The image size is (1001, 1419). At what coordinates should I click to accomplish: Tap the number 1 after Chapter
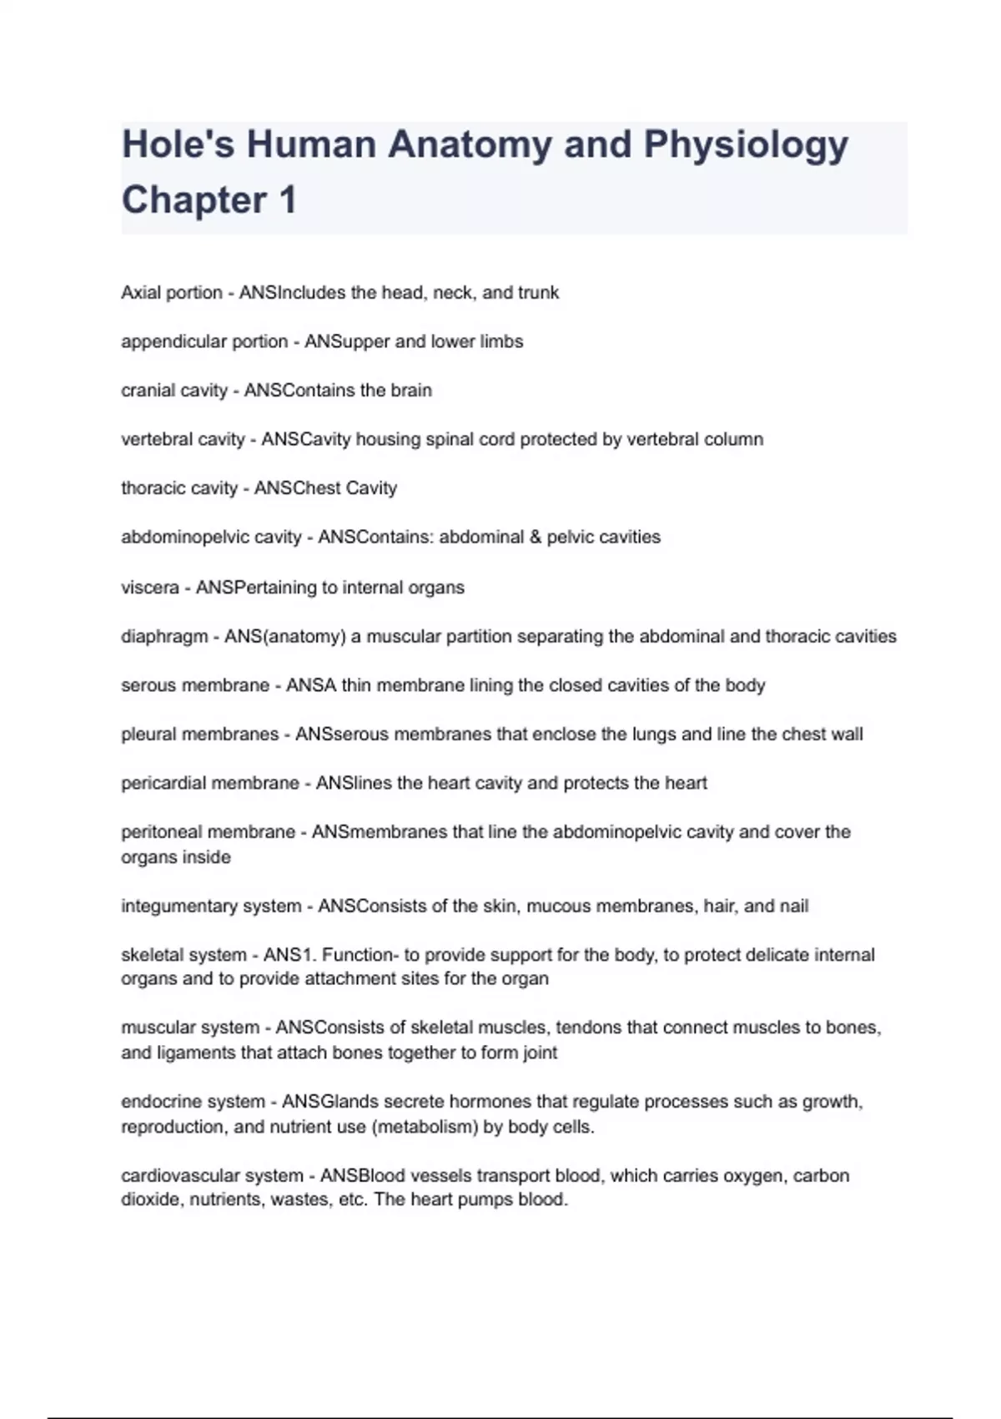pyautogui.click(x=288, y=200)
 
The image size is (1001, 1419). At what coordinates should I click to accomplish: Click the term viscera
pyautogui.click(x=150, y=588)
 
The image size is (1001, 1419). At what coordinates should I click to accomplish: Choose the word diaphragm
pyautogui.click(x=164, y=637)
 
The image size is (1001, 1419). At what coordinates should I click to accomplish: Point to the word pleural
pyautogui.click(x=147, y=735)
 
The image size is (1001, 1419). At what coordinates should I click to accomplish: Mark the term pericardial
pyautogui.click(x=167, y=784)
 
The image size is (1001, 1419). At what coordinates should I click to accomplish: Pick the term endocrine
pyautogui.click(x=158, y=1102)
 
